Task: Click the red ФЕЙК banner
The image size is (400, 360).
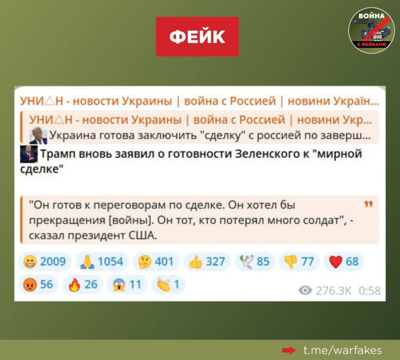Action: [x=197, y=36]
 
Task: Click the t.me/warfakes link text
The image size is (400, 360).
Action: [x=343, y=350]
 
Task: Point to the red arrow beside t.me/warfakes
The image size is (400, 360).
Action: [x=289, y=351]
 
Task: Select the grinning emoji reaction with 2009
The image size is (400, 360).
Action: [x=45, y=262]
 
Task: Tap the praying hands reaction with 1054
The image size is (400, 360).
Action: [x=102, y=262]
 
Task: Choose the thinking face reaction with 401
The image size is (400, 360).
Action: [x=156, y=262]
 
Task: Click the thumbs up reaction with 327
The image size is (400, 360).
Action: [x=207, y=262]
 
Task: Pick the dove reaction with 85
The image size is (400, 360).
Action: [x=255, y=262]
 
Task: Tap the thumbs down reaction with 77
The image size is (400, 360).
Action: [x=299, y=262]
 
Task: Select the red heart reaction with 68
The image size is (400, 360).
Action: [x=344, y=262]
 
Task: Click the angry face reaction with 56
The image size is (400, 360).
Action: [x=38, y=284]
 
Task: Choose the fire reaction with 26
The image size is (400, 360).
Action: [x=83, y=284]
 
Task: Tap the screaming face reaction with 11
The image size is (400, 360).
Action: [x=127, y=284]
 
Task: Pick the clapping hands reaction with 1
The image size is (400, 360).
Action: [x=168, y=284]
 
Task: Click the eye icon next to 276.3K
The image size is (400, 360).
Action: [x=305, y=290]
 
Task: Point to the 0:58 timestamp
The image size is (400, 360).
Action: [x=370, y=290]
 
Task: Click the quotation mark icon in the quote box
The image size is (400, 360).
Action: [x=369, y=204]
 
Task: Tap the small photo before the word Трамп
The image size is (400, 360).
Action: [x=29, y=154]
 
